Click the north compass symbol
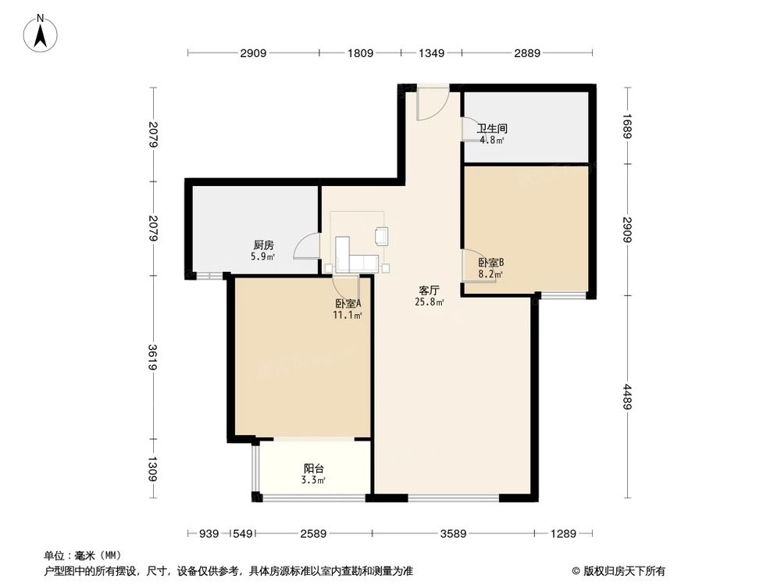point(41,34)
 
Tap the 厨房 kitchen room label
point(262,244)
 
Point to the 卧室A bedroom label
point(348,304)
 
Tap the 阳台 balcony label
point(314,469)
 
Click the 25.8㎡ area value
point(430,302)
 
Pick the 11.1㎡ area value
point(348,316)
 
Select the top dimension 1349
point(431,53)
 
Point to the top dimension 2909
point(253,53)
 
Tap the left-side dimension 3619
point(154,356)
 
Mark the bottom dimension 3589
point(453,534)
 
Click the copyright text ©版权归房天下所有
point(619,571)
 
